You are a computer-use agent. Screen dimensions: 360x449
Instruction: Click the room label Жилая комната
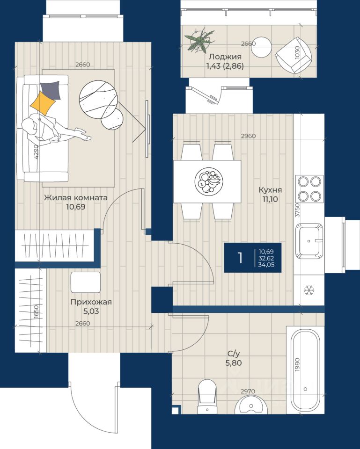point(76,197)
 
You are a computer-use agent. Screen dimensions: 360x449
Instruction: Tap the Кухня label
point(270,190)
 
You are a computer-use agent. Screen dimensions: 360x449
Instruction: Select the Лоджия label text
point(225,57)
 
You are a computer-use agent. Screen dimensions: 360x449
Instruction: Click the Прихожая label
point(91,302)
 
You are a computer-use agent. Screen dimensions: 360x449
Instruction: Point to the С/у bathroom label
point(234,354)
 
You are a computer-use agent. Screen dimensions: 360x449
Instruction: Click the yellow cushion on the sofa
point(43,103)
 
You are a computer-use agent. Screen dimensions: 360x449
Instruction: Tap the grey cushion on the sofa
point(51,90)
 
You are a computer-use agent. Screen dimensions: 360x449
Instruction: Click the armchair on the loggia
point(294,55)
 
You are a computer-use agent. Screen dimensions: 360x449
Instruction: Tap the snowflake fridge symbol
point(309,290)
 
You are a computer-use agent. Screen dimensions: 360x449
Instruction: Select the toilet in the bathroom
point(206,397)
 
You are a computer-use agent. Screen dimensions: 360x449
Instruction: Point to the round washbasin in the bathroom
point(251,405)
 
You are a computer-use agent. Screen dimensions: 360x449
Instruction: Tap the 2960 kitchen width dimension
point(248,136)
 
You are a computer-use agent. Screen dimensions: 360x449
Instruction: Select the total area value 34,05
point(266,265)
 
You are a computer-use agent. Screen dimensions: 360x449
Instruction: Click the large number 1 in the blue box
point(240,258)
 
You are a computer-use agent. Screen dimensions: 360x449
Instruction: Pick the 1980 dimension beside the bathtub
point(297,364)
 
